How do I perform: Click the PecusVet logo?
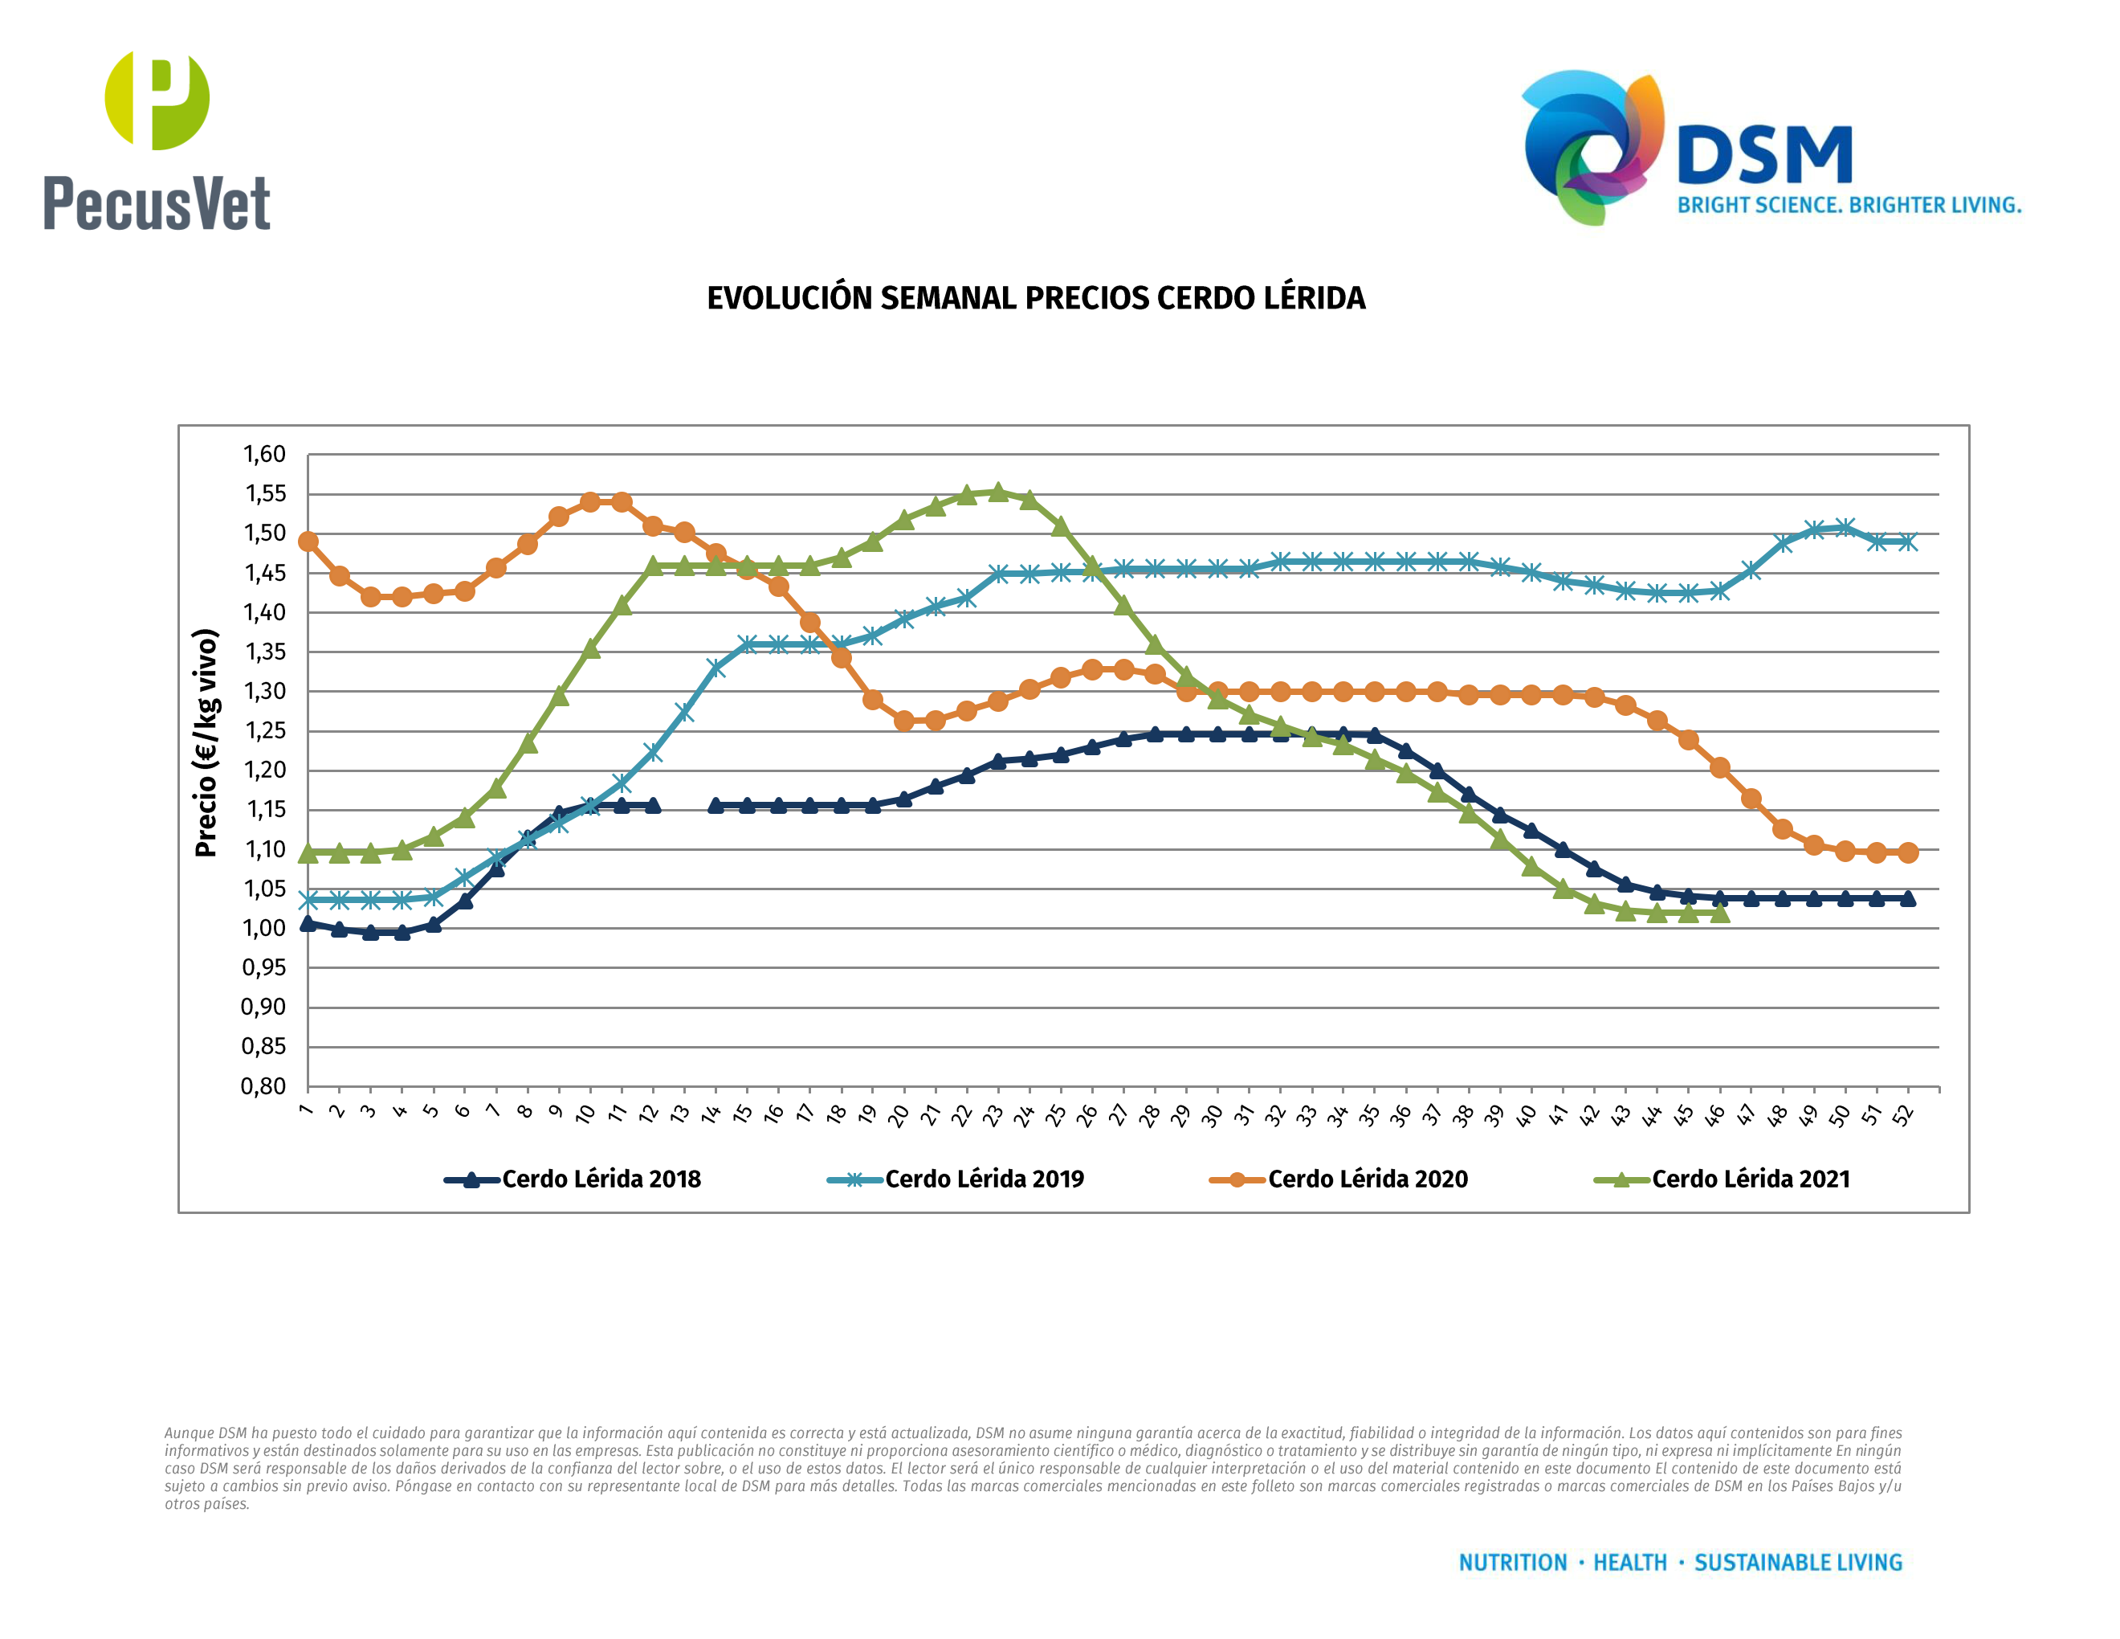tap(157, 141)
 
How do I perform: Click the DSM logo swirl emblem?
tap(1592, 145)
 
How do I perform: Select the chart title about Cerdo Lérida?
tap(1036, 298)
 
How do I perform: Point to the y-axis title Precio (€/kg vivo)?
tap(206, 743)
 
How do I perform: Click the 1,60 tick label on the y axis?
tap(264, 455)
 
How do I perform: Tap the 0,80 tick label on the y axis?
tap(264, 1085)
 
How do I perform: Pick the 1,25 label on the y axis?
tap(264, 730)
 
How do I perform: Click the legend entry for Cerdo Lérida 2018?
tap(573, 1179)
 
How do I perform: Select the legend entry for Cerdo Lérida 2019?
tap(956, 1179)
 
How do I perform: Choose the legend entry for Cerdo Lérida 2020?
tap(1339, 1179)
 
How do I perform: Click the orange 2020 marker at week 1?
tap(308, 542)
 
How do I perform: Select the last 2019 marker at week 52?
tap(1907, 542)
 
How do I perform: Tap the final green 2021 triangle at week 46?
tap(1719, 913)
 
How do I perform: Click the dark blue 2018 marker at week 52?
tap(1907, 898)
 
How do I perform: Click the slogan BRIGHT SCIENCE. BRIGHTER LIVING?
tap(1849, 206)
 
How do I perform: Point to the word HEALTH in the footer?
tap(1630, 1563)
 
